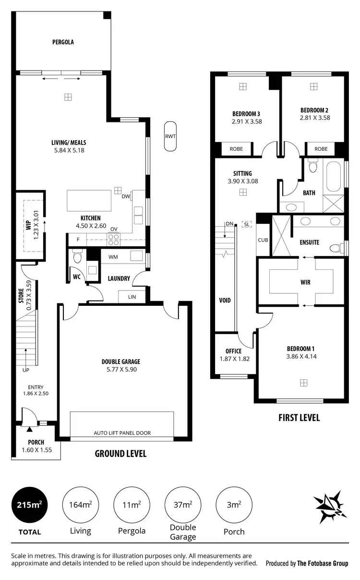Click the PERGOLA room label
point(63,42)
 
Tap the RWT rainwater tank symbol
point(170,136)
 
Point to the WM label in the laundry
point(113,257)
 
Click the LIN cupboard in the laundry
point(132,297)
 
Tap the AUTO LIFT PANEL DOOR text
point(122,433)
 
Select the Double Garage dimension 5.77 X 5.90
point(120,369)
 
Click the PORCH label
point(36,442)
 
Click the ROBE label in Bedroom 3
point(236,149)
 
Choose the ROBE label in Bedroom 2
point(321,149)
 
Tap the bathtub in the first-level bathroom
point(334,176)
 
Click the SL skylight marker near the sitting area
point(247,224)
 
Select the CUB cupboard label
point(263,240)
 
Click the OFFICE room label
point(233,351)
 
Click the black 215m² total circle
point(30,505)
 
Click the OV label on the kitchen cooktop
point(114,229)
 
